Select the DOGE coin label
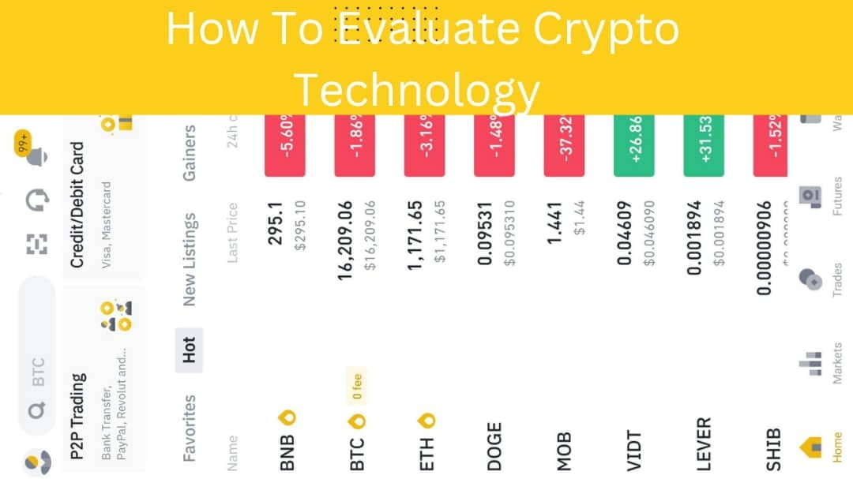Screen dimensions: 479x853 [494, 447]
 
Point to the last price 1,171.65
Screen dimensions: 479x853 [415, 235]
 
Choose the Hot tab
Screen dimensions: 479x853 [189, 350]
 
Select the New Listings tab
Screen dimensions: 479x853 [189, 259]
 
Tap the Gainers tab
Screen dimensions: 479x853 [189, 152]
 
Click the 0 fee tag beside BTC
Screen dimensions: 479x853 [356, 393]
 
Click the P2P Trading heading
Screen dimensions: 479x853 [77, 416]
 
